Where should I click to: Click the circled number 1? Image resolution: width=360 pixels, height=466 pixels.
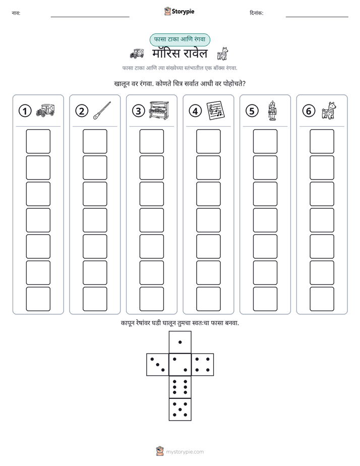pos(25,111)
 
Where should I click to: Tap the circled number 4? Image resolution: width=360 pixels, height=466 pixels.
pos(195,111)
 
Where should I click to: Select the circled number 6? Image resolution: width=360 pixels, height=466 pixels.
pos(309,111)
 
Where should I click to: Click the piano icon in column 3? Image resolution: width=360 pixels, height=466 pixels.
pos(159,110)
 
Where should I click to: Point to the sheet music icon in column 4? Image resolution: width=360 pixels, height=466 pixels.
pos(216,110)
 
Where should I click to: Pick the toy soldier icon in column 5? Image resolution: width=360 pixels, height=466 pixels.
pos(272,110)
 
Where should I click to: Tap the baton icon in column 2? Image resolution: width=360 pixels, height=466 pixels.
pos(102,110)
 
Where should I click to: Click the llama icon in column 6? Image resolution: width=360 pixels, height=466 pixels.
pos(329,110)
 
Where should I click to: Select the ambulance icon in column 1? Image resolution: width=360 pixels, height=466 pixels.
pos(45,110)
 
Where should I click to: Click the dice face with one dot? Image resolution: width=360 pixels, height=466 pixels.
pos(180,342)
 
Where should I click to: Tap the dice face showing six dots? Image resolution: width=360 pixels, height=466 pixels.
pos(180,387)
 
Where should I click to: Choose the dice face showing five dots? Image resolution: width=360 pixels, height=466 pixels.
pos(180,410)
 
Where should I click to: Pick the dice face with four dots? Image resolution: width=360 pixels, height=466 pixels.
pos(203,365)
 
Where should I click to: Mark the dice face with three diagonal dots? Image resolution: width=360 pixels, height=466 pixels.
pos(157,365)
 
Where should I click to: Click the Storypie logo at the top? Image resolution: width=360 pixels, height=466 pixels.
pos(179,11)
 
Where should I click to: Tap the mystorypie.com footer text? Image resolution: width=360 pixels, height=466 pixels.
pos(185,452)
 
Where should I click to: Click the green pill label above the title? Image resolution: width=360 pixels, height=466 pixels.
pos(179,39)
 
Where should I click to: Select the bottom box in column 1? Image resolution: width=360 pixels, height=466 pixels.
pos(38,299)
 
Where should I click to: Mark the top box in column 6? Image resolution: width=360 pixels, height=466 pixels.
pos(322,141)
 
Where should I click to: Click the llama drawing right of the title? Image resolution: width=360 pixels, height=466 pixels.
pos(222,54)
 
